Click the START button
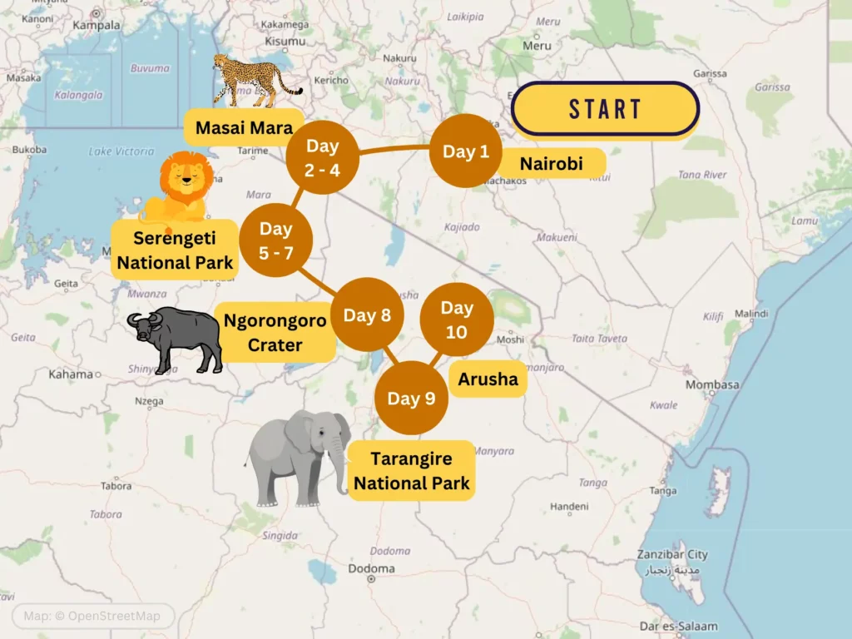[605, 109]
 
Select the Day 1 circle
[466, 151]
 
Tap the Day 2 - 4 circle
[322, 156]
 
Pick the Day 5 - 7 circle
[275, 240]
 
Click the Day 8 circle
[367, 315]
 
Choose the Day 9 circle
[411, 398]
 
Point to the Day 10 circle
[457, 319]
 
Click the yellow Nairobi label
[551, 163]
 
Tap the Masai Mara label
[244, 127]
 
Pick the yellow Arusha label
[488, 379]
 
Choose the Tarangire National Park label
[411, 470]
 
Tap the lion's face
[186, 176]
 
